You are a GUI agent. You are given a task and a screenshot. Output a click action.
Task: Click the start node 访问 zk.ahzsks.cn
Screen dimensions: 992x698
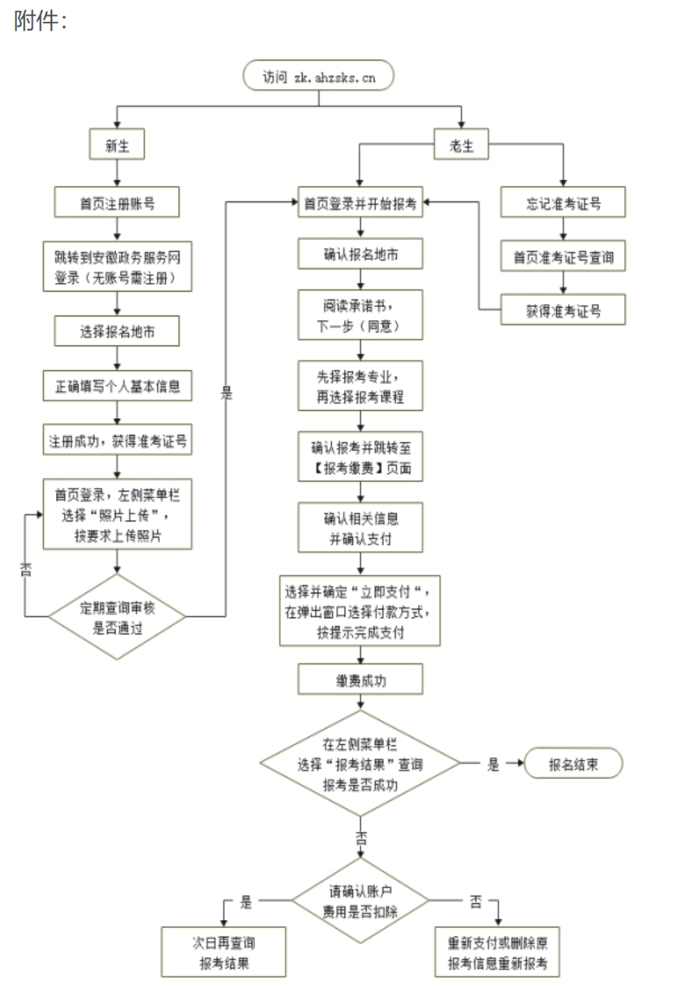[x=318, y=76]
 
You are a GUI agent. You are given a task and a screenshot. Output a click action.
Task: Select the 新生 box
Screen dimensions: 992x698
[x=117, y=145]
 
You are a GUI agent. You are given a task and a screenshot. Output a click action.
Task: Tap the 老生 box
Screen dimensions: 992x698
[x=461, y=145]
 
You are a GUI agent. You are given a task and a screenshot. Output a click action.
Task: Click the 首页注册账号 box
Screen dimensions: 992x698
[x=117, y=203]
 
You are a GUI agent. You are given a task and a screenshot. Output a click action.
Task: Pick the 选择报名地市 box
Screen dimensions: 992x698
[x=117, y=332]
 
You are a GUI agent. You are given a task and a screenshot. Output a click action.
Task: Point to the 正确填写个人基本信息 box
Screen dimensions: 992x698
[x=117, y=386]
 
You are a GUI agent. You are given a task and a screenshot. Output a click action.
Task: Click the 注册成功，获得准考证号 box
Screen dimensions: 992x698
[x=117, y=441]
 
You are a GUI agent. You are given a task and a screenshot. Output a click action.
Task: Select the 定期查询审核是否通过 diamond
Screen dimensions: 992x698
[x=117, y=617]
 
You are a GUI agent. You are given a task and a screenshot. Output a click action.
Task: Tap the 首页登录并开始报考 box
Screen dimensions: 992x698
[x=360, y=203]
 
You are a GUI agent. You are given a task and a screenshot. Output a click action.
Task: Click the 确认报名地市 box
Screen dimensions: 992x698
[x=360, y=255]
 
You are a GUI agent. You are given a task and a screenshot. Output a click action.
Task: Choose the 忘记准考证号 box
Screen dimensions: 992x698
[x=563, y=203]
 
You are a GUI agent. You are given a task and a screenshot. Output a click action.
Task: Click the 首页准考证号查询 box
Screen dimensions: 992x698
[x=563, y=257]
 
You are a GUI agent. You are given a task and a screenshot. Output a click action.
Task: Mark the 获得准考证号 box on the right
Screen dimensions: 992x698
[x=563, y=311]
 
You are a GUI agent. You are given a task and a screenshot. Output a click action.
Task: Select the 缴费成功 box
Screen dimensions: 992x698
[x=360, y=680]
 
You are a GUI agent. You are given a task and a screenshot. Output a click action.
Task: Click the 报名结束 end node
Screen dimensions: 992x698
[x=573, y=764]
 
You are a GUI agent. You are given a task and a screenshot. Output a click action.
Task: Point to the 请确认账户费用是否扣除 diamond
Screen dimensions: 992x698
[x=360, y=901]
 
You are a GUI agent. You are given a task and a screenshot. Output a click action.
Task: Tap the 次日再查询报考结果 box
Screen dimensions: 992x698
[x=223, y=953]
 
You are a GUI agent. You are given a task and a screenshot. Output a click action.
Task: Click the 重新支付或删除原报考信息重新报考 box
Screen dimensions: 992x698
[x=497, y=953]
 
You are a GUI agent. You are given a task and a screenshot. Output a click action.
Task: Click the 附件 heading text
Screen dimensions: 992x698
[x=39, y=20]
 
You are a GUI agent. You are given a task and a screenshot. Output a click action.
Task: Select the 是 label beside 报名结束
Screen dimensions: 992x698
[x=493, y=764]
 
